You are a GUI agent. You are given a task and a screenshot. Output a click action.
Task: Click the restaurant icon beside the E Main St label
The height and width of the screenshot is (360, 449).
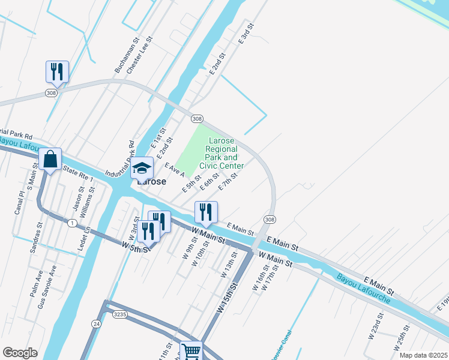(206, 211)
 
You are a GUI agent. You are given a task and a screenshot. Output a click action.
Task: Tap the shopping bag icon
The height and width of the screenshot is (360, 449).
(50, 160)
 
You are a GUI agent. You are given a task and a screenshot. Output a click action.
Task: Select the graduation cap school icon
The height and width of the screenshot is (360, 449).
(142, 168)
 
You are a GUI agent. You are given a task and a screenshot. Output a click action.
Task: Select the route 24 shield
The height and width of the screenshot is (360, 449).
(95, 323)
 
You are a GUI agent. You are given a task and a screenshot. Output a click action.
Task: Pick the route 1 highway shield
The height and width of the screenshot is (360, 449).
(72, 223)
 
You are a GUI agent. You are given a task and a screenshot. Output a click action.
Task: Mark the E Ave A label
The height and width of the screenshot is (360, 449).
(174, 170)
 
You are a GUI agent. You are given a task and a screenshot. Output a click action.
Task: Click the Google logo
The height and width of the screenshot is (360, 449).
(20, 352)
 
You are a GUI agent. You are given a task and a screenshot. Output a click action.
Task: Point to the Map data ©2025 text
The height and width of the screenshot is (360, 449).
(423, 355)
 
